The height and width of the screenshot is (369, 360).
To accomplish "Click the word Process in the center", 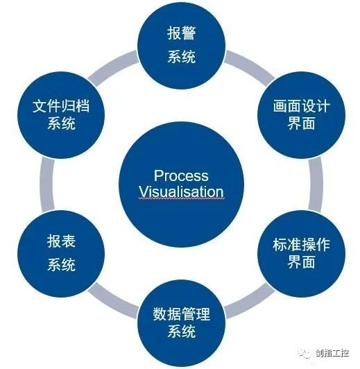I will pos(181,175).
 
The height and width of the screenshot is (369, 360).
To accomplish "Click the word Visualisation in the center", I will pos(181,191).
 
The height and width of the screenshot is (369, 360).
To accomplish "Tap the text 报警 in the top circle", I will pos(182,33).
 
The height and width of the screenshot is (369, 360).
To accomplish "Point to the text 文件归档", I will pos(62,106).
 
